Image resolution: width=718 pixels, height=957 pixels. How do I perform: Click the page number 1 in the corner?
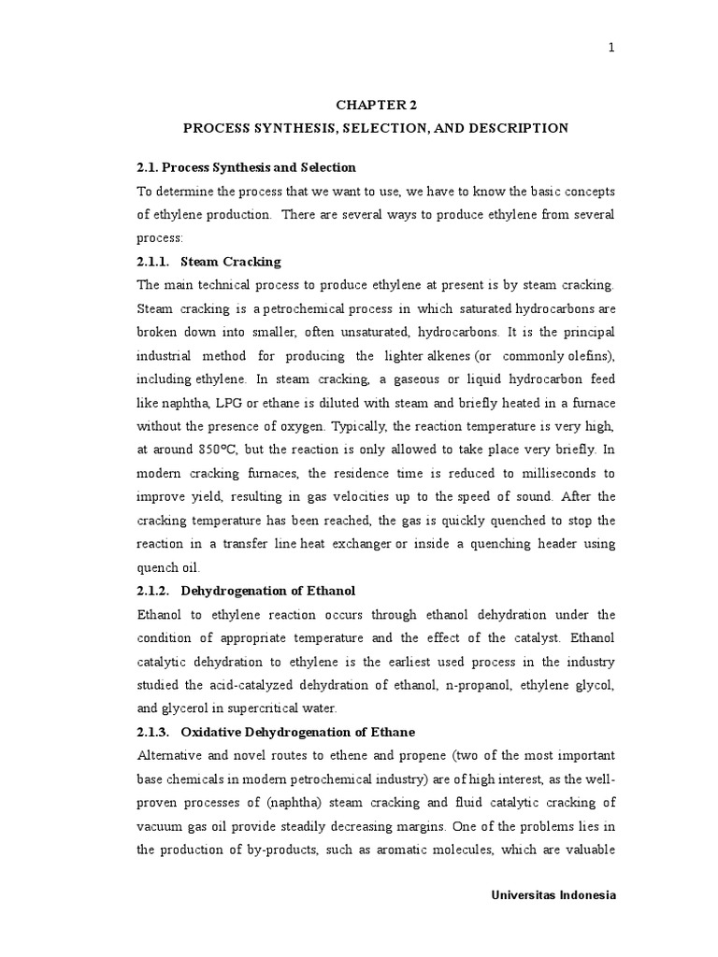611,50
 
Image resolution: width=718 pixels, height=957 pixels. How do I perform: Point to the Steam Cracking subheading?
231,262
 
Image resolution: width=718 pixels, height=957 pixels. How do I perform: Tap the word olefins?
586,356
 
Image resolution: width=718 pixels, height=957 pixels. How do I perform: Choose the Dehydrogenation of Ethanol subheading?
268,592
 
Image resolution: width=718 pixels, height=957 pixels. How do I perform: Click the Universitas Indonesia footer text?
553,895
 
